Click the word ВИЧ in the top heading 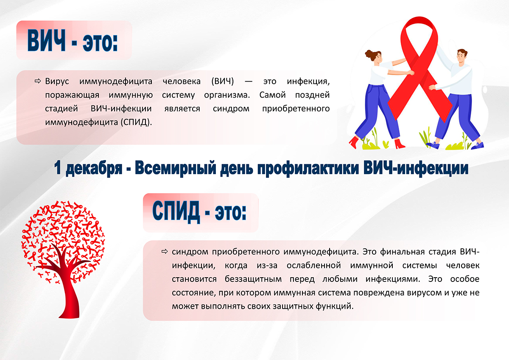[46, 41]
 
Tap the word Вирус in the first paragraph [57, 82]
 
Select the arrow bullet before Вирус [38, 81]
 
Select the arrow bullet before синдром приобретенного [165, 251]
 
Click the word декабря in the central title [94, 169]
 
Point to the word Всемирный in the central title [176, 168]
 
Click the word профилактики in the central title [308, 169]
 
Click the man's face [460, 57]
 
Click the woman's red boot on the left [354, 142]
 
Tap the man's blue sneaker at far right [478, 146]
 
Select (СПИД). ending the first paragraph [136, 122]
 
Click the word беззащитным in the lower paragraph [253, 279]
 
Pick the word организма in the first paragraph [227, 95]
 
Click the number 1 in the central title [58, 168]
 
